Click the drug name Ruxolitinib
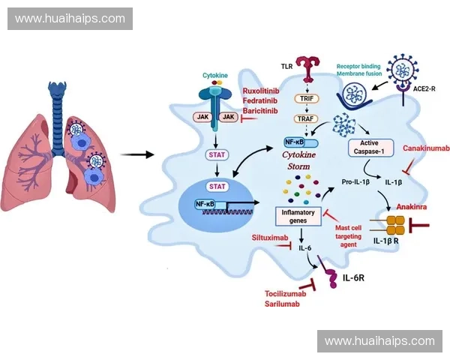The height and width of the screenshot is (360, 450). pyautogui.click(x=260, y=91)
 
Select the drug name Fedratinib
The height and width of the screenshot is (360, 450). pyautogui.click(x=259, y=100)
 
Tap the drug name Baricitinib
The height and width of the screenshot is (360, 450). pyautogui.click(x=260, y=110)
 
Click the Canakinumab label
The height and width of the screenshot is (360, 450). pyautogui.click(x=426, y=149)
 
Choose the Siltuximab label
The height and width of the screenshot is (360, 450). pyautogui.click(x=270, y=237)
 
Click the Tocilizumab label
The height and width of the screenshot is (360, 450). pyautogui.click(x=286, y=293)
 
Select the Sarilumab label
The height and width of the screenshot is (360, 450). pyautogui.click(x=281, y=304)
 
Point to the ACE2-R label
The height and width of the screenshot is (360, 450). pyautogui.click(x=425, y=88)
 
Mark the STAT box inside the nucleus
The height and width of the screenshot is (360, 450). pyautogui.click(x=217, y=185)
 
